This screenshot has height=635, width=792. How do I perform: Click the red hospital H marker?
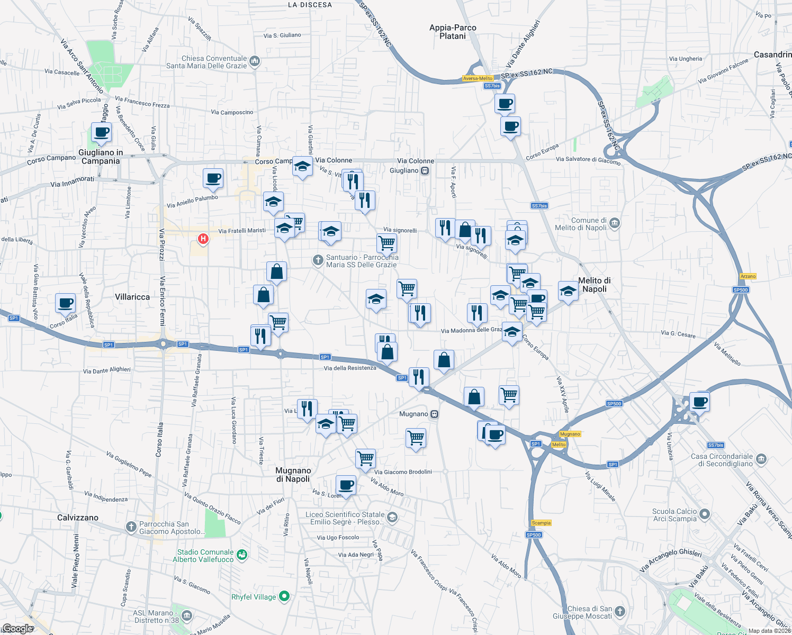pyautogui.click(x=203, y=239)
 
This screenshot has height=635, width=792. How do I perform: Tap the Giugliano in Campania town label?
pyautogui.click(x=101, y=157)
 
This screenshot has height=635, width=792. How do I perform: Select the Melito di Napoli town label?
pyautogui.click(x=594, y=285)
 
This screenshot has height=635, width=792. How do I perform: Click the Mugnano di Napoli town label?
pyautogui.click(x=293, y=475)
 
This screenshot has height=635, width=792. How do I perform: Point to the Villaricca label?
pyautogui.click(x=132, y=297)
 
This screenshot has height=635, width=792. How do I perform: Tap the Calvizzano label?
pyautogui.click(x=78, y=518)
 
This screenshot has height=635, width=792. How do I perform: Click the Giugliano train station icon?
pyautogui.click(x=425, y=170)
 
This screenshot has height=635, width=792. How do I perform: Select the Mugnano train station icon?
pyautogui.click(x=434, y=414)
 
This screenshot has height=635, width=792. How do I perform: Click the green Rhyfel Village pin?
pyautogui.click(x=284, y=596)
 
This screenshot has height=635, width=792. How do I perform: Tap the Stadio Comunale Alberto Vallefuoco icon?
pyautogui.click(x=242, y=555)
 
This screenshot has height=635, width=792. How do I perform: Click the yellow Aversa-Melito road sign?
pyautogui.click(x=478, y=78)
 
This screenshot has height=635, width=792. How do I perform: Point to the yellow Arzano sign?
pyautogui.click(x=748, y=276)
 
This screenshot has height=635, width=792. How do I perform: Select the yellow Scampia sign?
pyautogui.click(x=541, y=523)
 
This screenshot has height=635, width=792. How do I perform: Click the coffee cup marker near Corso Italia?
pyautogui.click(x=65, y=303)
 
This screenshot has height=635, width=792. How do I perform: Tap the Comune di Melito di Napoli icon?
pyautogui.click(x=614, y=223)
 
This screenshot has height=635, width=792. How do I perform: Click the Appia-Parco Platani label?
pyautogui.click(x=453, y=32)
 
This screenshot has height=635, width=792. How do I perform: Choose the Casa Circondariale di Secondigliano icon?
pyautogui.click(x=761, y=458)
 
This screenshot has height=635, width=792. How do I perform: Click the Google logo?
pyautogui.click(x=17, y=629)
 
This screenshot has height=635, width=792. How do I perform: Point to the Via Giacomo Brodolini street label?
pyautogui.click(x=403, y=472)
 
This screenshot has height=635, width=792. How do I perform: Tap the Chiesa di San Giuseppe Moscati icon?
pyautogui.click(x=620, y=611)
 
